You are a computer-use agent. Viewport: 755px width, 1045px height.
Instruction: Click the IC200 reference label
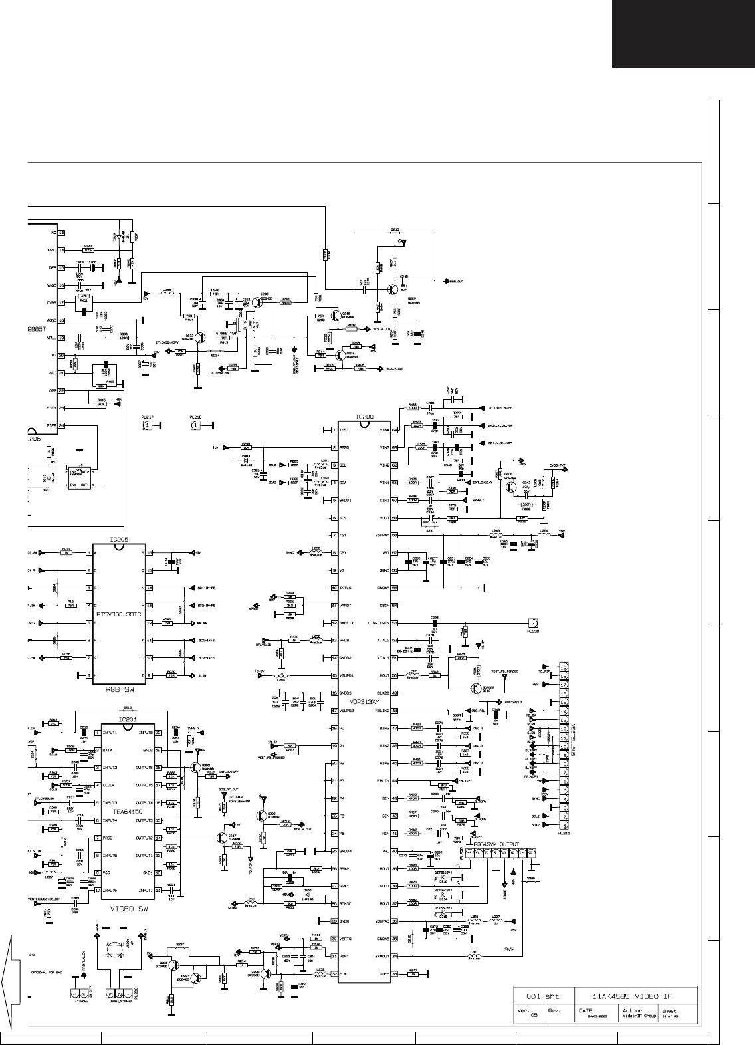click(x=364, y=417)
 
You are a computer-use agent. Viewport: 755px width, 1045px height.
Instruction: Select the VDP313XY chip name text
click(x=364, y=702)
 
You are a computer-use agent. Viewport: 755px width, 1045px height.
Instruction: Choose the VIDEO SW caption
click(x=127, y=906)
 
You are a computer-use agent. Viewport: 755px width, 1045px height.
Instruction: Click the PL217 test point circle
click(x=148, y=425)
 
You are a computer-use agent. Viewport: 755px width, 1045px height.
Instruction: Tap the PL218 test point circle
click(x=195, y=425)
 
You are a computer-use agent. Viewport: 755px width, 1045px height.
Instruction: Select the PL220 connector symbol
click(x=532, y=623)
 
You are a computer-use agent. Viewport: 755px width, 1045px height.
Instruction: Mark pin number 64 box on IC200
click(x=395, y=430)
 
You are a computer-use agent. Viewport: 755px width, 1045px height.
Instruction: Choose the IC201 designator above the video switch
click(x=128, y=719)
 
